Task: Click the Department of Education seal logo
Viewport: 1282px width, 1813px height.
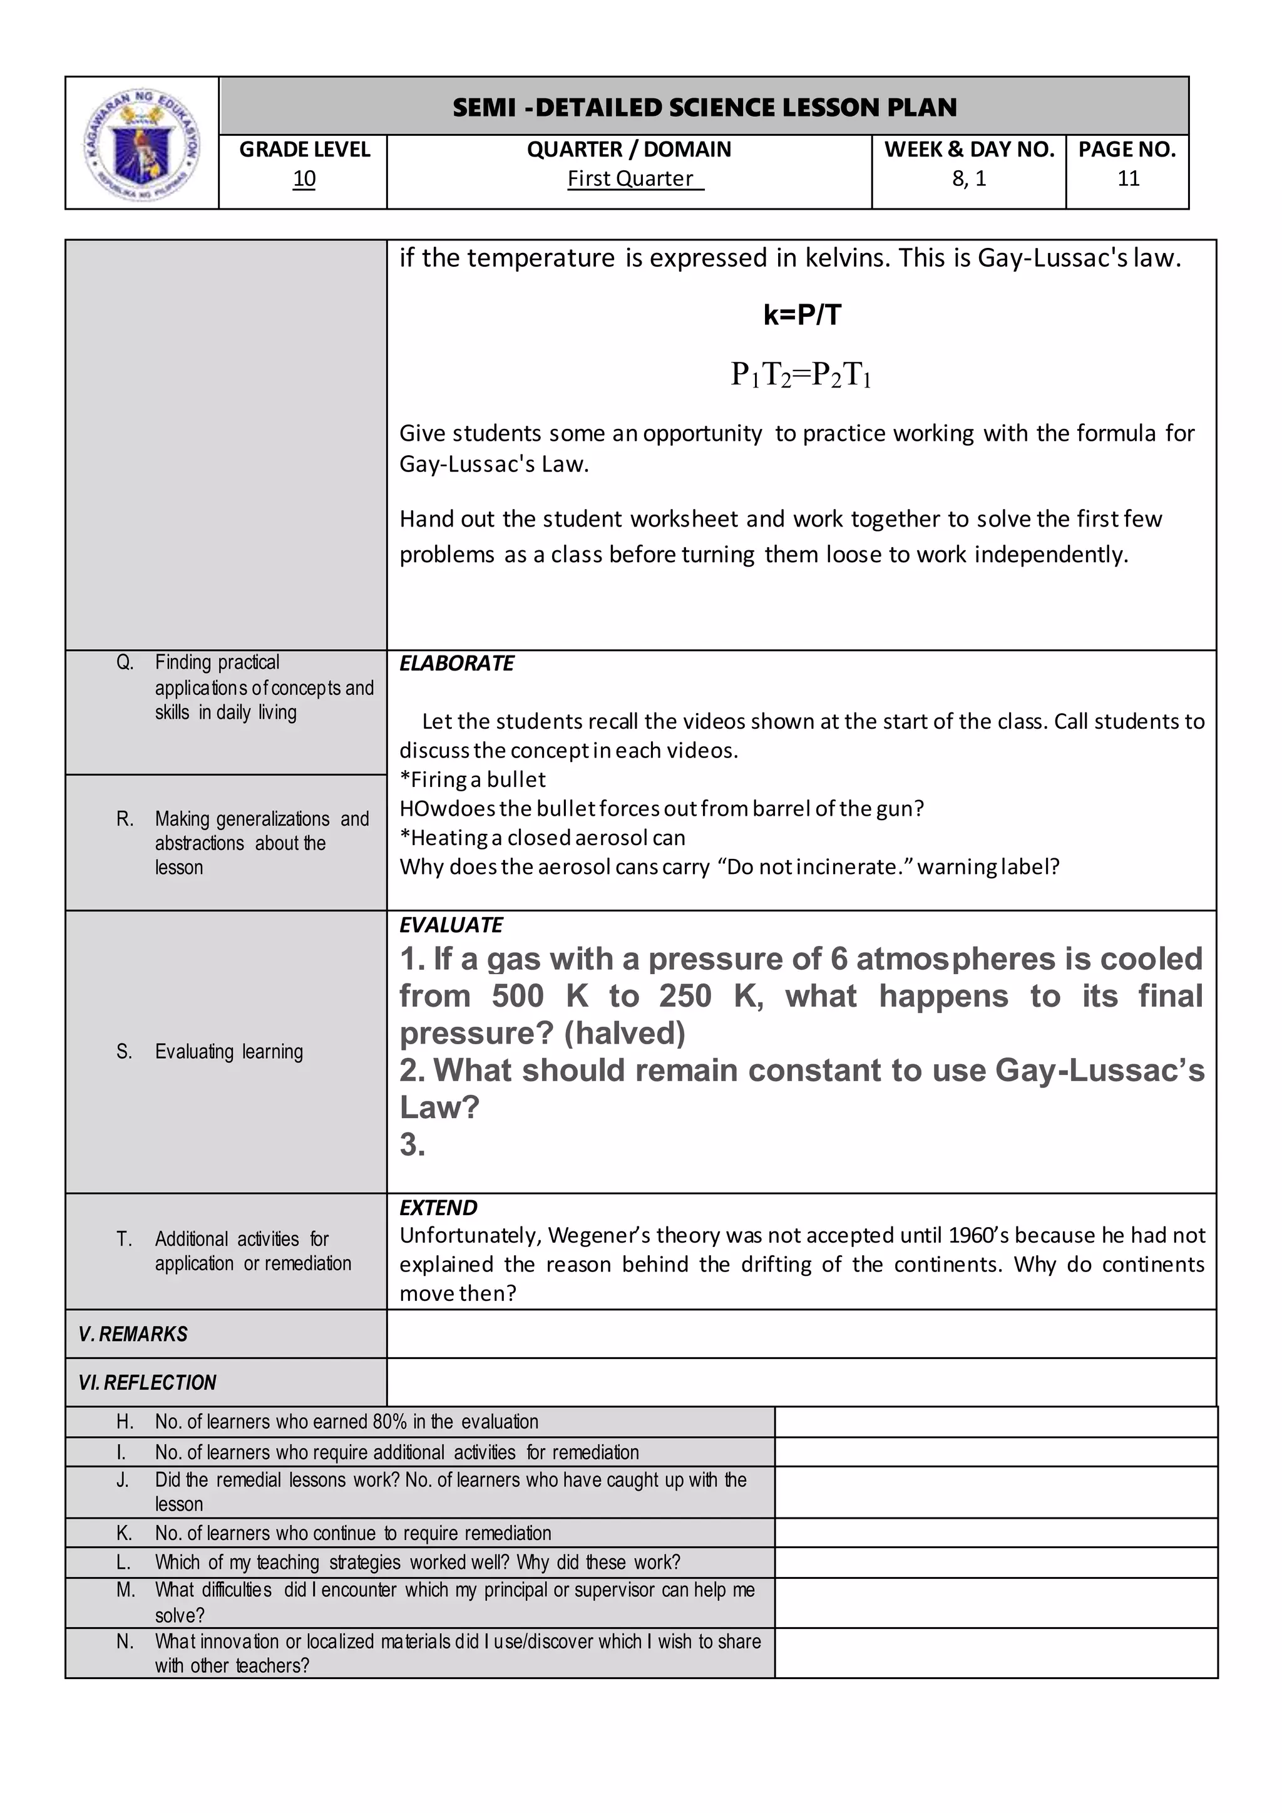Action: [x=141, y=143]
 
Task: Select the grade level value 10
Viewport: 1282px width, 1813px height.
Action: [x=304, y=179]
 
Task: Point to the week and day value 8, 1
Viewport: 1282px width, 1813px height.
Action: [x=968, y=179]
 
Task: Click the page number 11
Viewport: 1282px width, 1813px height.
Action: [x=1128, y=179]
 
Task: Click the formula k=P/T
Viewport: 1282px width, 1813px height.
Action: [x=801, y=315]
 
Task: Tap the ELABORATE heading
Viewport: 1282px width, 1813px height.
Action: [x=456, y=664]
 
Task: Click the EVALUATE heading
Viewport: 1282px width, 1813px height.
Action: [x=451, y=925]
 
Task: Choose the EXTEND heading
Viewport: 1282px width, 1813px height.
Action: [x=438, y=1208]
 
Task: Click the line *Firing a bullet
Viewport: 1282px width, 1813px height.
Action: [x=472, y=779]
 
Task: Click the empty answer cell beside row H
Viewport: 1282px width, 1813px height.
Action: [x=995, y=1421]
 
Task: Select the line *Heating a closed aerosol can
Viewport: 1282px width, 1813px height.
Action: [x=542, y=837]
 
